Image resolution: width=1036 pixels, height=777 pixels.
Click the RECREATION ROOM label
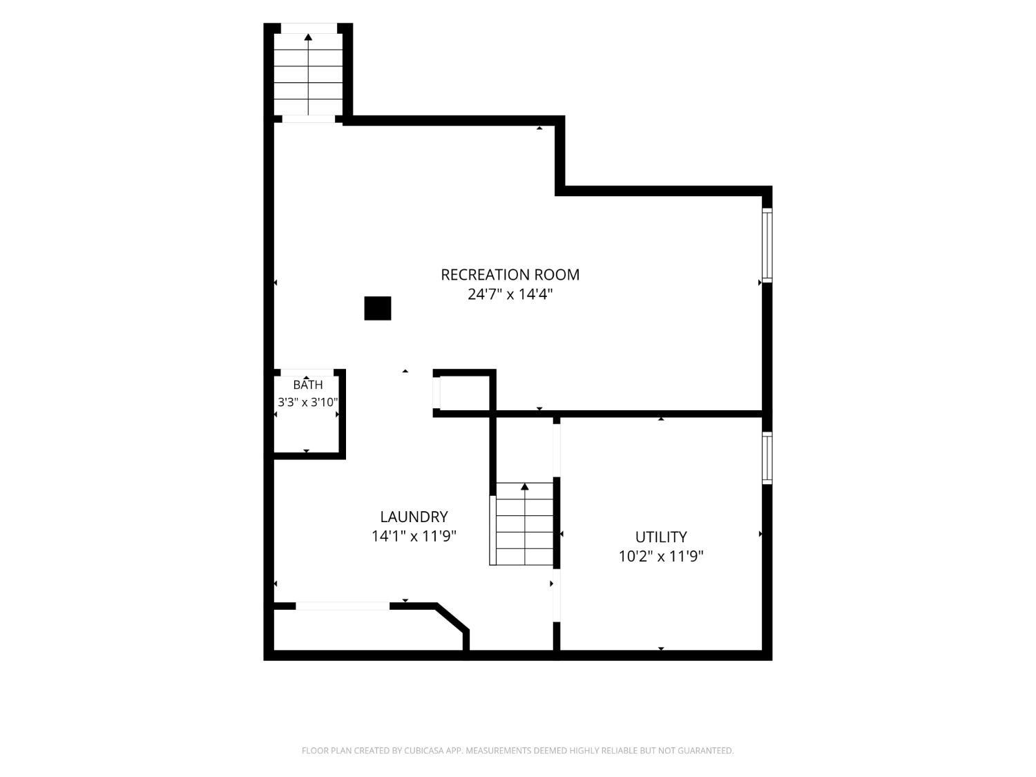510,275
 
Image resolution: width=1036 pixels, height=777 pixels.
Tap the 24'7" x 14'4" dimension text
510,294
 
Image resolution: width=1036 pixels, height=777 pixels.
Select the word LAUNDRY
414,517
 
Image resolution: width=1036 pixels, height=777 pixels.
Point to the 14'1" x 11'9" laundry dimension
414,537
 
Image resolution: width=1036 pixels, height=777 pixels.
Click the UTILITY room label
661,537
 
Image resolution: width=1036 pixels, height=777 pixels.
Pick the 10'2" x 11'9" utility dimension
661,557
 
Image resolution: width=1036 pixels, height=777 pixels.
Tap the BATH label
308,385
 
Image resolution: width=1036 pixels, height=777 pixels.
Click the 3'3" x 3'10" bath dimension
308,403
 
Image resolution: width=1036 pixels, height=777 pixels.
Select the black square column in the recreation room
378,308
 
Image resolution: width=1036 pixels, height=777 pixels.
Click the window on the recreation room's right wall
767,245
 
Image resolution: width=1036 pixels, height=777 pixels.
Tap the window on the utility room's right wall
767,458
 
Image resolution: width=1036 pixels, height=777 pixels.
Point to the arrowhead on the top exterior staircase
308,37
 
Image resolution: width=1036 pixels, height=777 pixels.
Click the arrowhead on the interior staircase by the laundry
524,486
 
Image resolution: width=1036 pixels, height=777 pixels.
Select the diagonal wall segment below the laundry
452,617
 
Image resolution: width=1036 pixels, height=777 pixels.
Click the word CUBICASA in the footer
423,751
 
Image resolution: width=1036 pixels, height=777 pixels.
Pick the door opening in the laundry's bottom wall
343,606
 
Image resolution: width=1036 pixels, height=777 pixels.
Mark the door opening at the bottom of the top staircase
308,119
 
